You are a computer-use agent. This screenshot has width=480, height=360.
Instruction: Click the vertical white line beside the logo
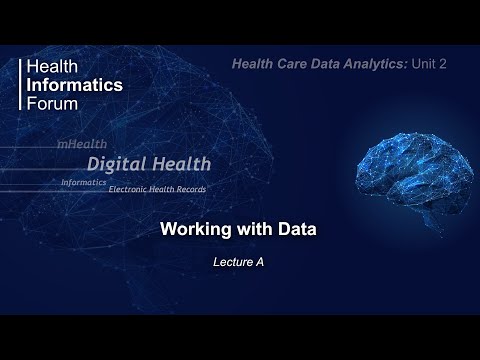pos(21,85)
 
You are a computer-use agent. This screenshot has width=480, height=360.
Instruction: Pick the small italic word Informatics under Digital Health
pos(85,182)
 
